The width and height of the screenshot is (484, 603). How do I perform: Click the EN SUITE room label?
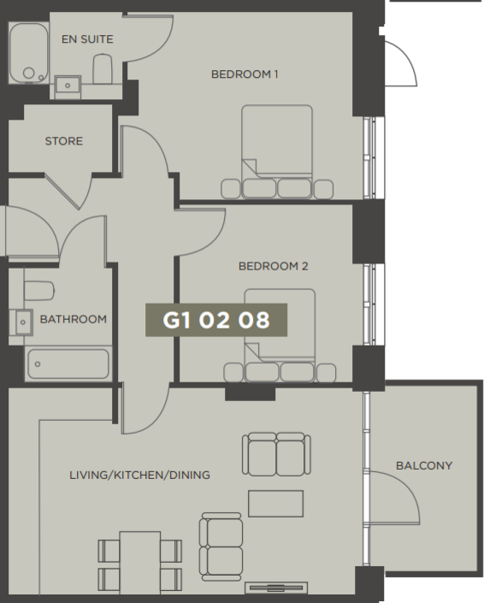[x=86, y=39]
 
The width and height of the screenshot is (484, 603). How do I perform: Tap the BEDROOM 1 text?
[x=245, y=74]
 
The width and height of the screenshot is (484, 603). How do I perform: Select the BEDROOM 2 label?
[x=273, y=266]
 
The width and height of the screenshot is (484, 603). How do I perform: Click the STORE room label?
[x=64, y=141]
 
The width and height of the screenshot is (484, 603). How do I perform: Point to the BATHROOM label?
[x=74, y=319]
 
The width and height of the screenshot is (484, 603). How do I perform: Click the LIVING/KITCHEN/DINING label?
[x=139, y=475]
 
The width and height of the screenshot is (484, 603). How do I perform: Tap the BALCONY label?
[x=423, y=466]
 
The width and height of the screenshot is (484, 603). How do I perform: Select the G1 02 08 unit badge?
[x=216, y=320]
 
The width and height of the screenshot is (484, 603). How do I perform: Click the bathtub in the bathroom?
[x=68, y=364]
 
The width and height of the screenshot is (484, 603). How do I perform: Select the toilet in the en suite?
[x=103, y=68]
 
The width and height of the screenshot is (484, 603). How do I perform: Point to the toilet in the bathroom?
[x=38, y=291]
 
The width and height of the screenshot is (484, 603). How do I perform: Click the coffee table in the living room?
[x=275, y=503]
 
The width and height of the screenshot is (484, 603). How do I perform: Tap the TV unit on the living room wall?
[x=275, y=588]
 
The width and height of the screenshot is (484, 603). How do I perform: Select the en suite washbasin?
[x=67, y=84]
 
